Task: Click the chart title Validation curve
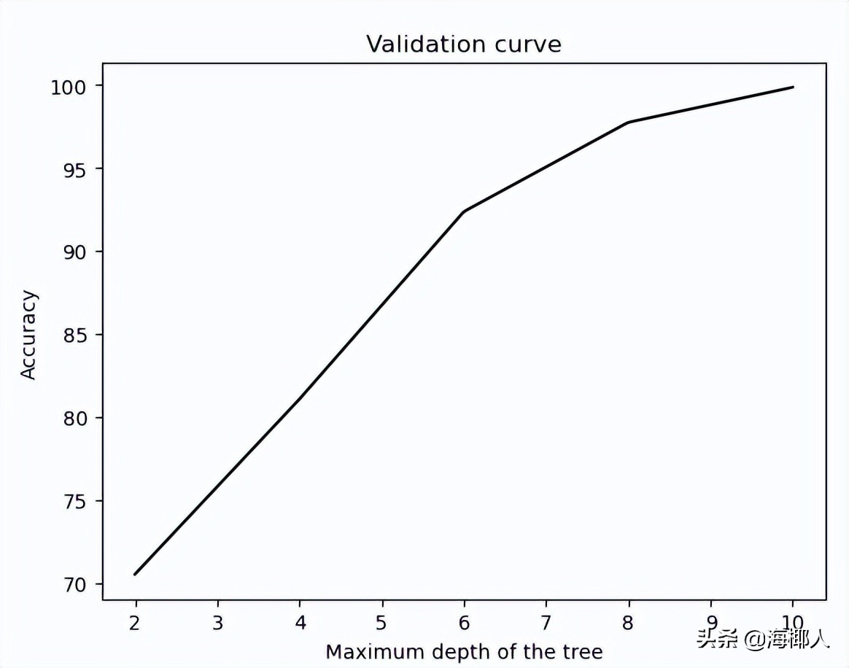coord(463,44)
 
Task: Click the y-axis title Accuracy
coord(28,335)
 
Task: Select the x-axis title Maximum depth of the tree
coord(464,650)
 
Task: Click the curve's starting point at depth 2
coord(136,575)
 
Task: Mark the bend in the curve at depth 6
coord(464,211)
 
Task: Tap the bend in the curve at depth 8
coord(628,123)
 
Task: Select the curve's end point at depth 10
coord(793,87)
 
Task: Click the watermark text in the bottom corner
coord(763,640)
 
